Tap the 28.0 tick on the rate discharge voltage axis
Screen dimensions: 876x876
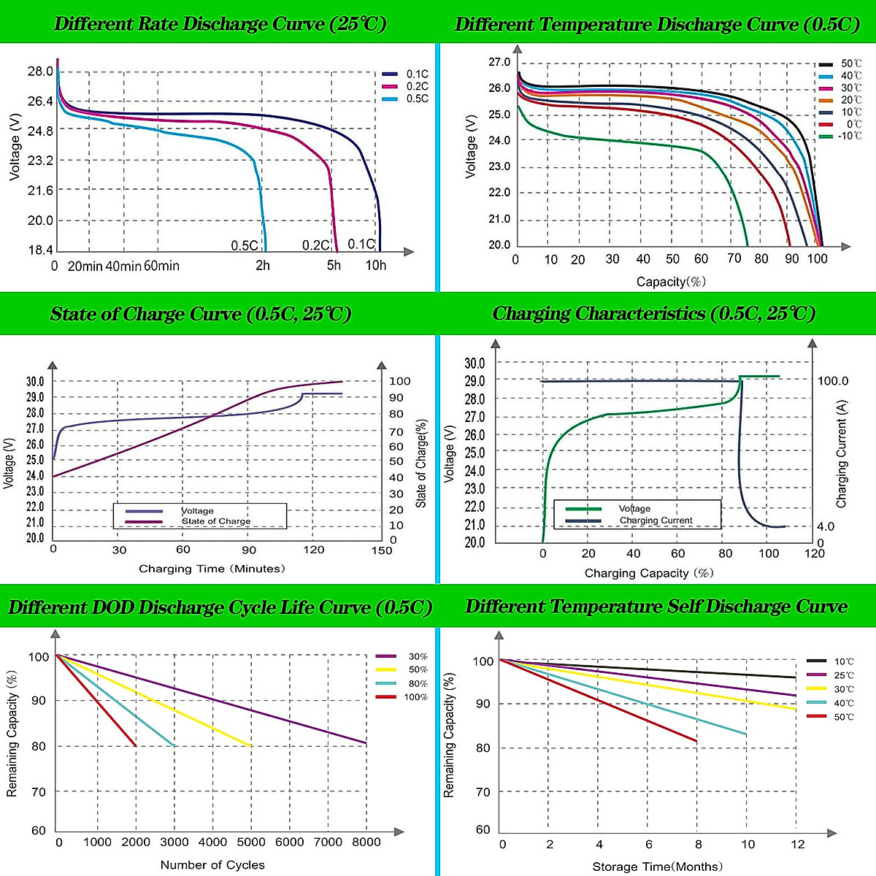[40, 71]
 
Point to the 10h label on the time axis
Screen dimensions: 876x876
[376, 265]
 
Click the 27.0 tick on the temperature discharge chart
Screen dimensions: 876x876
[499, 62]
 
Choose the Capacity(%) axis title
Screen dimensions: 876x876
[671, 282]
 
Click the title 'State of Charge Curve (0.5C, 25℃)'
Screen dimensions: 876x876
[201, 314]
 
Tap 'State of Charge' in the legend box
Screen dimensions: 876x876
[216, 521]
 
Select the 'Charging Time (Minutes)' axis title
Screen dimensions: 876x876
[212, 569]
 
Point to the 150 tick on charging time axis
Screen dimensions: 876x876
[382, 550]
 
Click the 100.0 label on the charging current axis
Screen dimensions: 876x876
[833, 380]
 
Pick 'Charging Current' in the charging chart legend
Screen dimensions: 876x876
[656, 520]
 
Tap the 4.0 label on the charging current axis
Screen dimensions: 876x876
[826, 526]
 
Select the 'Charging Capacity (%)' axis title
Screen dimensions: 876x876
[649, 573]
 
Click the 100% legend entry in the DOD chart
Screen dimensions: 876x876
[415, 697]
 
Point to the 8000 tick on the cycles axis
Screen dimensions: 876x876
[366, 842]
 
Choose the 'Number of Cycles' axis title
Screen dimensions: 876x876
[212, 865]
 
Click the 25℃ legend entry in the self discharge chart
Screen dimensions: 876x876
[844, 675]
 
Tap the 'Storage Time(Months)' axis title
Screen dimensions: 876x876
[658, 867]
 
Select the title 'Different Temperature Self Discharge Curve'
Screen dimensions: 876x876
[656, 607]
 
